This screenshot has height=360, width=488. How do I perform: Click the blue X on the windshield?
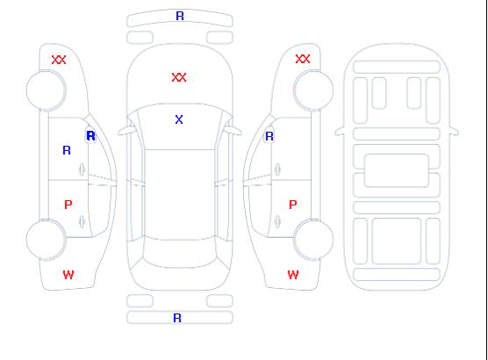pos(179,119)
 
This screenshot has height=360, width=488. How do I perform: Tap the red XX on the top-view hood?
pos(179,77)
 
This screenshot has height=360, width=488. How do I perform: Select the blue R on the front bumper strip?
pos(180,16)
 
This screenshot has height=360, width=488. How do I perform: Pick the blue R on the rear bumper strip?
pos(177,318)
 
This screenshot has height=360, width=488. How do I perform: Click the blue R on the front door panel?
pos(67,150)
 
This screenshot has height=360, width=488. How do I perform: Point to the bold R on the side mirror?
pos(91,136)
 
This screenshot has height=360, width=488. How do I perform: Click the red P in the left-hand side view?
pos(68,205)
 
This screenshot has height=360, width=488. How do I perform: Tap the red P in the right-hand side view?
pos(293,205)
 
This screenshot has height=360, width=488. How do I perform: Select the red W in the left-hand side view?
pos(68,275)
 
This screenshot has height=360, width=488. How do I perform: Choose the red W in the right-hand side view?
pos(293,275)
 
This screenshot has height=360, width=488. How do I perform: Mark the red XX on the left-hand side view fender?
pos(59,60)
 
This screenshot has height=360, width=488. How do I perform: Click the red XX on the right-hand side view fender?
pos(303,59)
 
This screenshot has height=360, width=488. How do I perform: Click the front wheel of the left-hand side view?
pos(46,90)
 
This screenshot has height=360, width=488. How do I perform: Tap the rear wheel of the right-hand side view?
pos(313,239)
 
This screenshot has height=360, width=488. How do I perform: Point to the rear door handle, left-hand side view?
pos(82,221)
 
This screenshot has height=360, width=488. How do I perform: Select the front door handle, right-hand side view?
pos(277,169)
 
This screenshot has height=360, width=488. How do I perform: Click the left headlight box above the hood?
pos(140,38)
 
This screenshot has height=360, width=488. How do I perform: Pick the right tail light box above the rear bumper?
pos(219,301)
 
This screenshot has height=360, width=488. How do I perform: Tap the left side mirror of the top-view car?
pos(126,131)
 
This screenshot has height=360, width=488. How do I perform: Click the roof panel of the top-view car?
pos(180,195)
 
